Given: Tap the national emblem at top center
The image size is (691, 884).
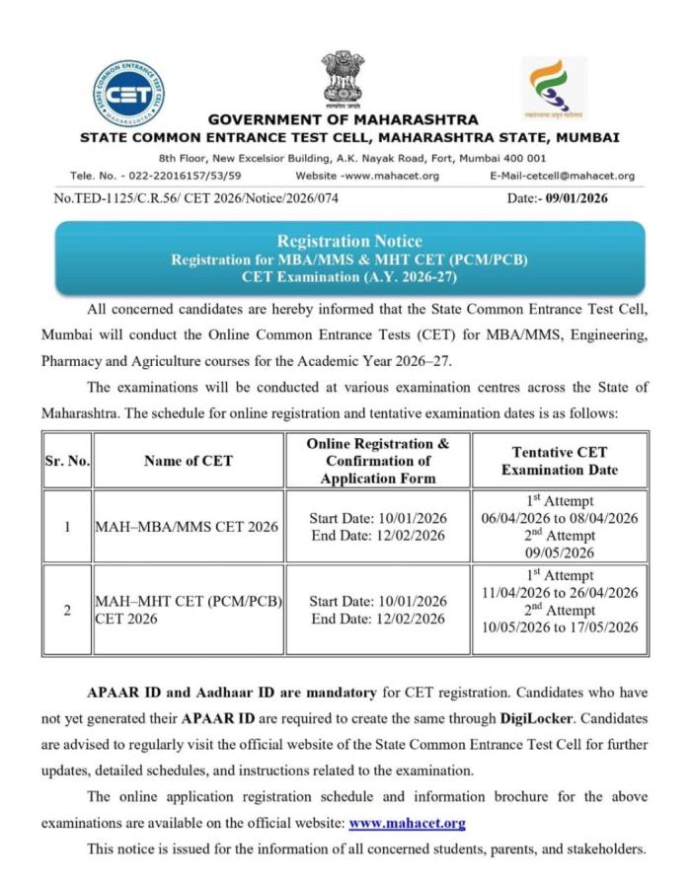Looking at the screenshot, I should coord(343,78).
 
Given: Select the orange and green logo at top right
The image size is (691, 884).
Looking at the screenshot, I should coord(553,89).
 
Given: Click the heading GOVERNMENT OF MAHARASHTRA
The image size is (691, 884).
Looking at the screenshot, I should coord(343,119).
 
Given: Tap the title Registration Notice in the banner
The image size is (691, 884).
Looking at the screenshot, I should coord(349,241).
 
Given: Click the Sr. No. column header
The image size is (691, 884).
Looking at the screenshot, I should coord(67,461).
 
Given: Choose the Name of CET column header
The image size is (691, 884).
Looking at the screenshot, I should coord(189,461).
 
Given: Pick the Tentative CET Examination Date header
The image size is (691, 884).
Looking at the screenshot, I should coord(559,461).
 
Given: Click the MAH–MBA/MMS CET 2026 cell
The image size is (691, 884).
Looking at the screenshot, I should coord(187,527).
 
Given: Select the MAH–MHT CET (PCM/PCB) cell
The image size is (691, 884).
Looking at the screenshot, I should coord(189,610).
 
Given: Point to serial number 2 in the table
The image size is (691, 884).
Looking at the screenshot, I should coord(67,610).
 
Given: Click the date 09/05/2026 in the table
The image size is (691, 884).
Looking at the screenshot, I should coord(559,552).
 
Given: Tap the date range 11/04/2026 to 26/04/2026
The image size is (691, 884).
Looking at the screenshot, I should coord(559,593).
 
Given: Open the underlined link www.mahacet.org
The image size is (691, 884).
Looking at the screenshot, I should coord(408,822).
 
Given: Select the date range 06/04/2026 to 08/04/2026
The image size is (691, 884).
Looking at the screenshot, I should coord(559,518).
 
